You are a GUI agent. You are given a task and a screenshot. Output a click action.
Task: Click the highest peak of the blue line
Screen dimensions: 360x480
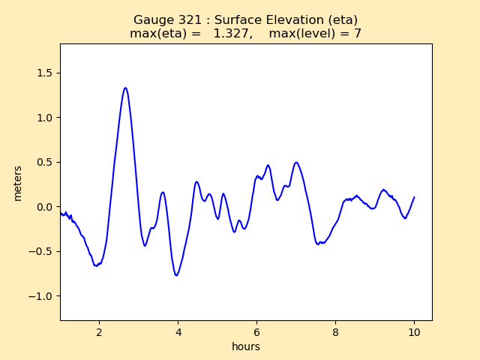(125, 88)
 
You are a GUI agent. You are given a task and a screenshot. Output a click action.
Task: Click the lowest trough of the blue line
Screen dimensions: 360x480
(177, 275)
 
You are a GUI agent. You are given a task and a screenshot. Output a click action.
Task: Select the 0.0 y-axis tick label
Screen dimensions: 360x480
(42, 207)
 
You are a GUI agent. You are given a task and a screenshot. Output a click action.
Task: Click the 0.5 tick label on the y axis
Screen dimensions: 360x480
(42, 162)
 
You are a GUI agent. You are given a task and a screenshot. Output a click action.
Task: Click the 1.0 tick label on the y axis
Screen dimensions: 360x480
(42, 118)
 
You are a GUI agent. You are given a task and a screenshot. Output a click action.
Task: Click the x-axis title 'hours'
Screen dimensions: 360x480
(246, 346)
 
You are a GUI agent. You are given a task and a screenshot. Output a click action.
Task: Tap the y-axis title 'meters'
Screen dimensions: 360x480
(17, 182)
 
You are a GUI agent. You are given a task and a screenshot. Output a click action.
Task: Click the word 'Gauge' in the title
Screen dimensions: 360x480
(151, 20)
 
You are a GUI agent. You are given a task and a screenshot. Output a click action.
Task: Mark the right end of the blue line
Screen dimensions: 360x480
(414, 197)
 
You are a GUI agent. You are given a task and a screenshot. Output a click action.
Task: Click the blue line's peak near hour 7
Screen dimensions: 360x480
(296, 162)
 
